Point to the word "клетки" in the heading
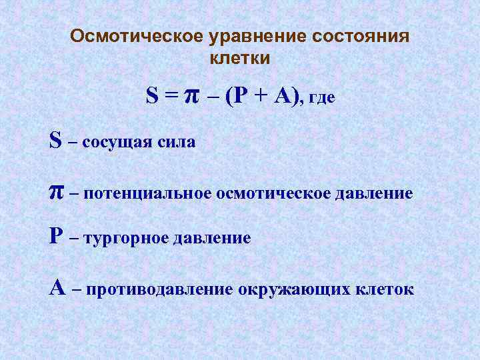240,58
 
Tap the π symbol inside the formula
191,97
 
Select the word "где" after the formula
322,99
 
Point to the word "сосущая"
118,142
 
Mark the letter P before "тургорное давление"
56,236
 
